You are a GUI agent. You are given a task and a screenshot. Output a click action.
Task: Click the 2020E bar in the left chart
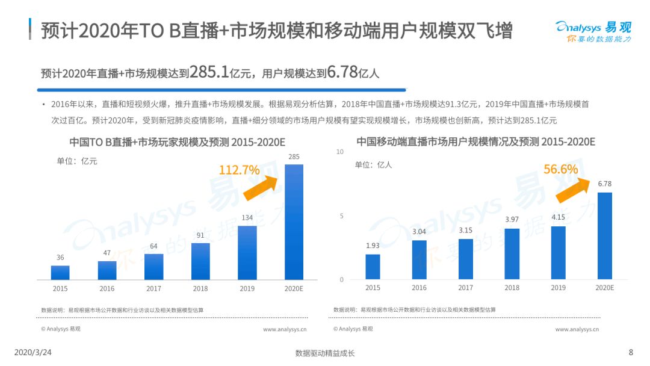coord(294,222)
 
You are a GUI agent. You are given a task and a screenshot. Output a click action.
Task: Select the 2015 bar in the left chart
coord(60,273)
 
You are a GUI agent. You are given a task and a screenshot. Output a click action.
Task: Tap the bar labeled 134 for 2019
coord(247,253)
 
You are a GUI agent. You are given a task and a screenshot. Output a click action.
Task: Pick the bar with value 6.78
coord(604,236)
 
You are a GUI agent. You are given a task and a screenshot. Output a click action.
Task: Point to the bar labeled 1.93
coord(373,267)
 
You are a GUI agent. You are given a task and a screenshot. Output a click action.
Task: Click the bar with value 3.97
coord(512,254)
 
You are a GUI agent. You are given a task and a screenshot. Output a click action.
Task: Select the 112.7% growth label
coord(239,170)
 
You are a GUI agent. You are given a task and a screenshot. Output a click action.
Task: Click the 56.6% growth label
coord(560,169)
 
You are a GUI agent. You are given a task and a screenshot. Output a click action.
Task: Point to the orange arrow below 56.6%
coord(572,190)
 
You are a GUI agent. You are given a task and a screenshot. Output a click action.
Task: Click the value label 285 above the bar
coord(294,157)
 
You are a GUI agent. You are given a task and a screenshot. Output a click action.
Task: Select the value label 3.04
coord(419,232)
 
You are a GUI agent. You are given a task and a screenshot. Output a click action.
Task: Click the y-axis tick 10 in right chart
coord(340,152)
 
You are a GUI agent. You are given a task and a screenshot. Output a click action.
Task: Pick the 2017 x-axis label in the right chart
coord(465,288)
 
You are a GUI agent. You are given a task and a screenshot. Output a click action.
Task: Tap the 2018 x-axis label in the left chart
coord(200,288)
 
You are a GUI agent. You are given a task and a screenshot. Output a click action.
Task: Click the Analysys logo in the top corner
coord(593,31)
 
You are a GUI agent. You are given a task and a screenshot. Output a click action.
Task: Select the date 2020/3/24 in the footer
coord(32,352)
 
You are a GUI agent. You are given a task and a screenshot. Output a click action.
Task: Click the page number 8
coord(631,352)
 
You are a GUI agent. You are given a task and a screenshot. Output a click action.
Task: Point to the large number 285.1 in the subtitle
coord(209,72)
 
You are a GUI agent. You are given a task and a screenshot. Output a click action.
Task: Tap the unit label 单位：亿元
coord(77,161)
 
